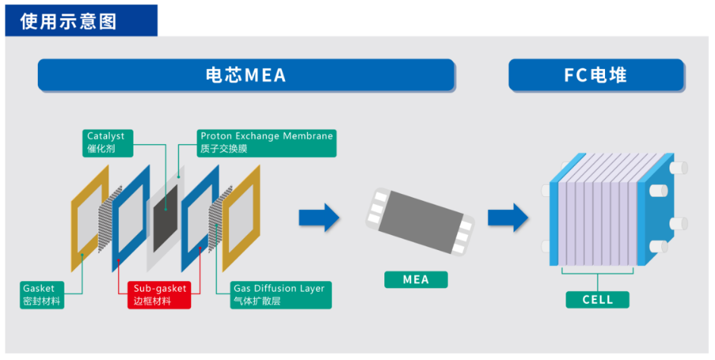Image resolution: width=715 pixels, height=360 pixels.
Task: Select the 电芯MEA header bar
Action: (x=246, y=76)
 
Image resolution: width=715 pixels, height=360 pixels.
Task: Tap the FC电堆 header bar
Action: (x=596, y=76)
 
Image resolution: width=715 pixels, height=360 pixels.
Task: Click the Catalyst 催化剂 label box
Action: (x=106, y=142)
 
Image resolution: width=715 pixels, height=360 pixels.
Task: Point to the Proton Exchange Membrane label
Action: (x=266, y=142)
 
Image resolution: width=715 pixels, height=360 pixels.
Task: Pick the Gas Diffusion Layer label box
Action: (x=281, y=295)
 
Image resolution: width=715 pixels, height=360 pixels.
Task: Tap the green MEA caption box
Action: (x=416, y=280)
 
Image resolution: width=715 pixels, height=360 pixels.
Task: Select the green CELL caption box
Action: (x=597, y=299)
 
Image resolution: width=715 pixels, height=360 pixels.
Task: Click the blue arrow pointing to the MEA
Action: (x=319, y=218)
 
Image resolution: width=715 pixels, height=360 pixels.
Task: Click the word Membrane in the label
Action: (x=308, y=136)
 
